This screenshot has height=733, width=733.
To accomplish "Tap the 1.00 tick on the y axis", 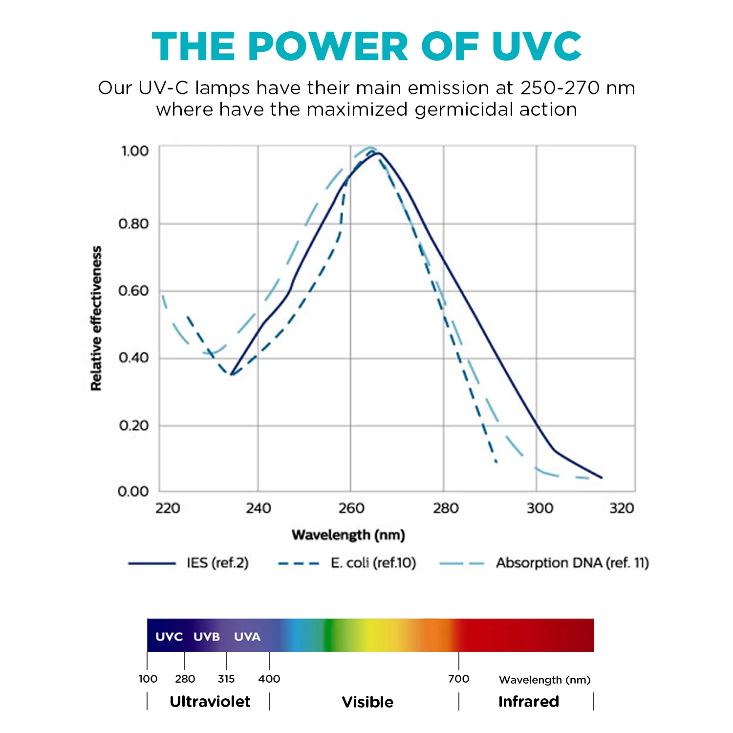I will click(x=134, y=151).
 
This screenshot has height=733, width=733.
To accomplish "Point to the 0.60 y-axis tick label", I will click(x=133, y=291).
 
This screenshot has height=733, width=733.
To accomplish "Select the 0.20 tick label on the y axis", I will click(x=133, y=426).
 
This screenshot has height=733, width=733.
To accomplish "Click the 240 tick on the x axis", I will click(x=258, y=509).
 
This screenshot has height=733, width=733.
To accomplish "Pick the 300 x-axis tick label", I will click(x=539, y=509).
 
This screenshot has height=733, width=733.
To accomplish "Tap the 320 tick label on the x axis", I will click(x=622, y=509).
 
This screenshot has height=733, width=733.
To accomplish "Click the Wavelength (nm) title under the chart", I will click(x=348, y=535).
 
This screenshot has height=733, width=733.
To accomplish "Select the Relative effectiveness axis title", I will click(x=96, y=318).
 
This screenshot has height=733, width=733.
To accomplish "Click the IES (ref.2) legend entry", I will click(x=217, y=563).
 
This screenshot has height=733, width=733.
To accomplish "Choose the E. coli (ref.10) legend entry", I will click(x=373, y=563).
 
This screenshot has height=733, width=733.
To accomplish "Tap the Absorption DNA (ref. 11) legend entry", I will click(x=572, y=563).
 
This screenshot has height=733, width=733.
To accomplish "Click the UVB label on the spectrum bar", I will click(x=206, y=637).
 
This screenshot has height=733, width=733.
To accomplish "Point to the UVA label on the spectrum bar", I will click(x=247, y=637).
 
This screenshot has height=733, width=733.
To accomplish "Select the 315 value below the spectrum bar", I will click(x=226, y=679).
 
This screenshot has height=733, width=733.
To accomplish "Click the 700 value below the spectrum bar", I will click(x=458, y=679).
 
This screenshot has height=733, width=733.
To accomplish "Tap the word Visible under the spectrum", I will click(x=367, y=702).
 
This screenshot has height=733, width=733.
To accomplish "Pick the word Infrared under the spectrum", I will click(x=528, y=702).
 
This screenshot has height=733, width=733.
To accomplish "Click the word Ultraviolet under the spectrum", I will click(x=210, y=702).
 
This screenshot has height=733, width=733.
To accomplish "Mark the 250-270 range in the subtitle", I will click(x=560, y=88).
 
